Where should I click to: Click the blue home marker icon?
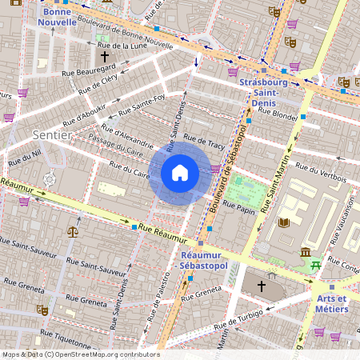180,173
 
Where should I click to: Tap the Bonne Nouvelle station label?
62,18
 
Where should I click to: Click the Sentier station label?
53,135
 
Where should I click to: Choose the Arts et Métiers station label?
330,304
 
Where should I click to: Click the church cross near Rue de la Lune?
104,57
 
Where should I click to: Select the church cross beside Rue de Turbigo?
261,286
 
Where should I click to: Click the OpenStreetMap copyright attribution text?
80,354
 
